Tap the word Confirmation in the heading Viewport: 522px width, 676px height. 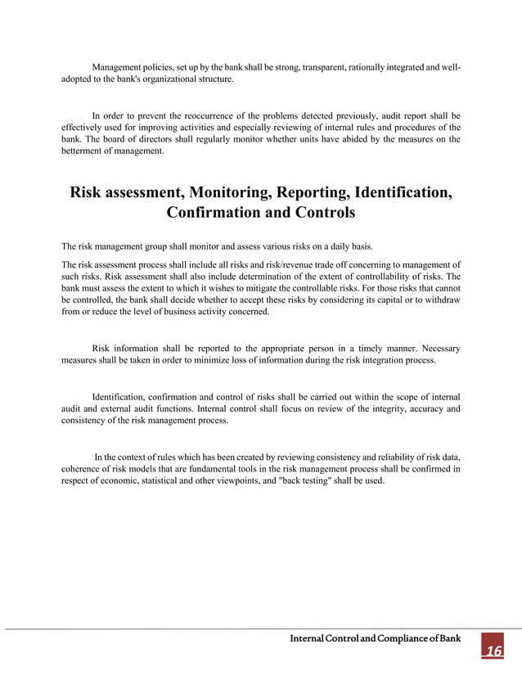(x=215, y=213)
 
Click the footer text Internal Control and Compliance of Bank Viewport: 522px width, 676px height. (x=376, y=638)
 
